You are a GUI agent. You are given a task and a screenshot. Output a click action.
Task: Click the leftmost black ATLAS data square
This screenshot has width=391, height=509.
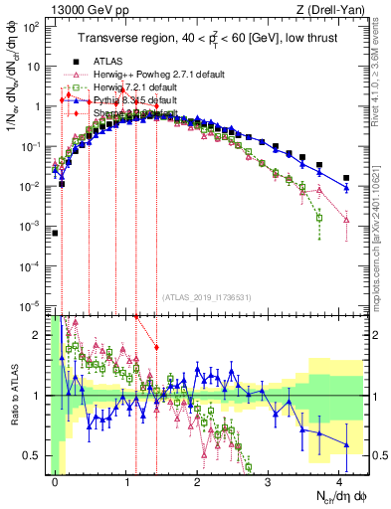[56, 233]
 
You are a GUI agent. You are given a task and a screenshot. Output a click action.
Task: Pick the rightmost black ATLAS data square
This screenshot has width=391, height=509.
[346, 178]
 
